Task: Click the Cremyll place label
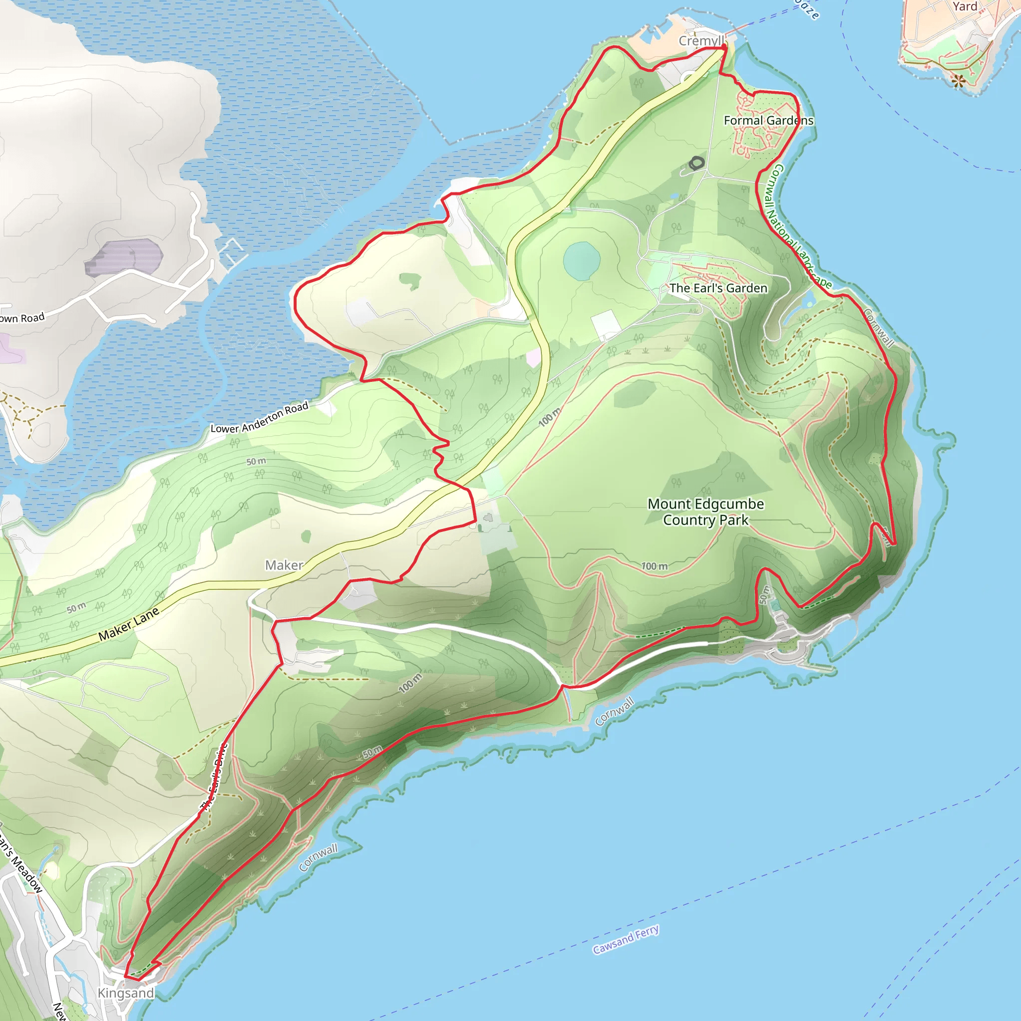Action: click(701, 41)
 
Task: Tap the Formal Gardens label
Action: click(768, 121)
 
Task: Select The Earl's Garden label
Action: click(718, 289)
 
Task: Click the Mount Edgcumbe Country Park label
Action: click(705, 512)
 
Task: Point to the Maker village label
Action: click(284, 565)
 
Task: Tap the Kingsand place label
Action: click(126, 993)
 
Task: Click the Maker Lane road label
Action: click(129, 624)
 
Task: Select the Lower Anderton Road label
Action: click(259, 418)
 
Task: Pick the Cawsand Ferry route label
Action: click(626, 939)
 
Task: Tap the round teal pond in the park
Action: click(582, 261)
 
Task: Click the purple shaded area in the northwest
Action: click(125, 257)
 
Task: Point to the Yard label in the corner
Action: click(965, 7)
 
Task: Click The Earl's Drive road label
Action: click(214, 777)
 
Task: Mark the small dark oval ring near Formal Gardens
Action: click(696, 164)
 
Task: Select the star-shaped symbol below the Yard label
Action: click(959, 81)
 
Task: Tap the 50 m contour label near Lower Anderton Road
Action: click(256, 461)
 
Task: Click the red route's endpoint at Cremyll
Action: click(724, 47)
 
